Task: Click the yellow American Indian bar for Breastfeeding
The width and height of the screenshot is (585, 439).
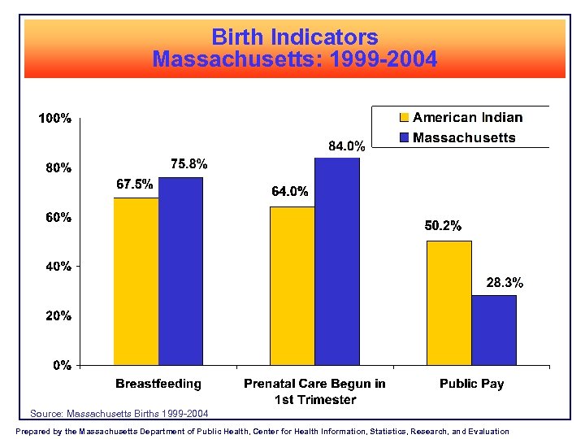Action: tap(136, 281)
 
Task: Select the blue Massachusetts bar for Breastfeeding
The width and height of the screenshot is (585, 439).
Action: tap(180, 271)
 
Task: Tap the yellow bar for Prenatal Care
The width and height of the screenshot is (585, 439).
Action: tap(292, 285)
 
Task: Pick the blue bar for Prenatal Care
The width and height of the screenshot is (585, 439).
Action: tap(336, 261)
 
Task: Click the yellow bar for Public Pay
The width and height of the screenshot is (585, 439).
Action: tap(448, 302)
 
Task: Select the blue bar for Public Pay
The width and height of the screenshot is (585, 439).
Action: tap(493, 329)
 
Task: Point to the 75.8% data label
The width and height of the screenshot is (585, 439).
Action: tap(188, 163)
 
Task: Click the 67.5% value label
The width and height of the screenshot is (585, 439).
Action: tap(134, 184)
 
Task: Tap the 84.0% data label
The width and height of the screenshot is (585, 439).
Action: tap(346, 146)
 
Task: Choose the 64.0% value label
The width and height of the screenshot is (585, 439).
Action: tap(289, 192)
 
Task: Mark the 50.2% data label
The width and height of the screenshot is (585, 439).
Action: tap(443, 225)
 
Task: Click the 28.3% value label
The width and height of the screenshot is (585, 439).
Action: tap(505, 283)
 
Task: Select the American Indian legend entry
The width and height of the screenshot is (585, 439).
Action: tap(467, 118)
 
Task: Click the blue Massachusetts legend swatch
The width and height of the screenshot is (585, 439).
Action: tap(404, 137)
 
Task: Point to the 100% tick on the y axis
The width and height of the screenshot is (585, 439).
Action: tap(55, 119)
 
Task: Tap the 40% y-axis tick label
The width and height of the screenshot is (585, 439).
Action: tap(55, 267)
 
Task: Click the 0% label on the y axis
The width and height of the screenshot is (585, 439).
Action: tap(62, 366)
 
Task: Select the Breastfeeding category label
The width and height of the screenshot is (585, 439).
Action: tap(158, 383)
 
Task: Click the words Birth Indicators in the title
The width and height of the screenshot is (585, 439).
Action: tap(294, 37)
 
